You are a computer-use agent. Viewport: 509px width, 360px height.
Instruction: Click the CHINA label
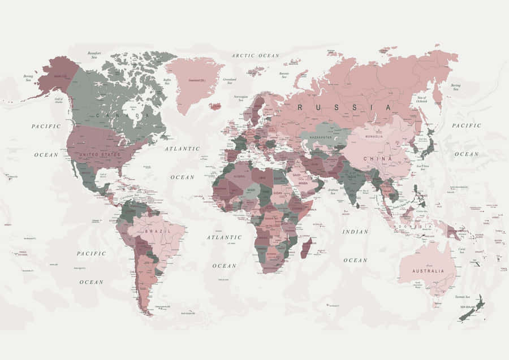click(x=378, y=159)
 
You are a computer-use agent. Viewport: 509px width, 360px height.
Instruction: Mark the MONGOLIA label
click(x=374, y=136)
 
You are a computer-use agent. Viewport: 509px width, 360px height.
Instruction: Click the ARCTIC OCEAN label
click(x=256, y=55)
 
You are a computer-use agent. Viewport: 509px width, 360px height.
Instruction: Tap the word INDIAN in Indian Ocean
click(x=355, y=231)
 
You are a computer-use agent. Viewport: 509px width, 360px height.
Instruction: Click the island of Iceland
click(x=214, y=106)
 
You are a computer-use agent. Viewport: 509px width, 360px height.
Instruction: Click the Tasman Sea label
click(x=462, y=297)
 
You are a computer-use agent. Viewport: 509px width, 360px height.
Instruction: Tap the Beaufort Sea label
click(x=94, y=55)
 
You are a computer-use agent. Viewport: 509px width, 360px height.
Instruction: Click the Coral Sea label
click(x=462, y=250)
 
